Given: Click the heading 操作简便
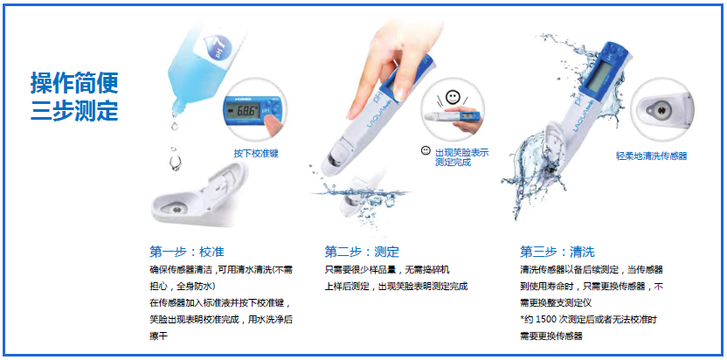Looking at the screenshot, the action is [74, 84].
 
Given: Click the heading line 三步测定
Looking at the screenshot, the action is [74, 110].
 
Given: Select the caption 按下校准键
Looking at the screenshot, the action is [256, 154].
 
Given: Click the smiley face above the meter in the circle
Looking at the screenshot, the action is [452, 96].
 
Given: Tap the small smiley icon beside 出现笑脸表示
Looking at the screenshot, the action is [426, 151].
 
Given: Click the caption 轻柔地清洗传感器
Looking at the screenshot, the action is [651, 156].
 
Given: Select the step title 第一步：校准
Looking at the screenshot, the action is [187, 252].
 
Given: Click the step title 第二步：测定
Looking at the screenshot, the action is [362, 252].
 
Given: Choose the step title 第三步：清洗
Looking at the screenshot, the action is [557, 252].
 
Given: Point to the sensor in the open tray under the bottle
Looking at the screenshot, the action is [177, 210].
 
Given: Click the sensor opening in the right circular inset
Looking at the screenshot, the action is [661, 110].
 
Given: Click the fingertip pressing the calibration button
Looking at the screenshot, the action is [273, 123].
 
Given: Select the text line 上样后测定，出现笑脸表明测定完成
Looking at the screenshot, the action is [396, 287].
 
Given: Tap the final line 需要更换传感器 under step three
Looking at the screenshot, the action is [550, 336].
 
